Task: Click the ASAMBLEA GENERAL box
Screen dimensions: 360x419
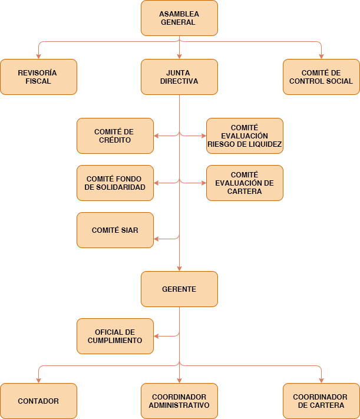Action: click(179, 18)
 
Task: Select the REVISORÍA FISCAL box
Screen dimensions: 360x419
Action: click(38, 77)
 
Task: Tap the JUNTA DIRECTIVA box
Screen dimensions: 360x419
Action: click(179, 77)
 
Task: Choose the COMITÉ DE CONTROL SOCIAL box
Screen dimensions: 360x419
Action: click(321, 77)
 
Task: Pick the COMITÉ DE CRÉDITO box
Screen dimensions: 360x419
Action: click(115, 136)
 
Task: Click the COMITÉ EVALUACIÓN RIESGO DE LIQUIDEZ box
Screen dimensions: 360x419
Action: click(245, 136)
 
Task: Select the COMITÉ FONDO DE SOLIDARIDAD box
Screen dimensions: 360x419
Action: click(115, 183)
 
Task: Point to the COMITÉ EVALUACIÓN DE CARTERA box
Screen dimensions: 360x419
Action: click(245, 183)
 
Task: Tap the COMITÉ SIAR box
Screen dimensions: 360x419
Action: click(115, 230)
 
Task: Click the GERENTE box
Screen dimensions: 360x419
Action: click(179, 289)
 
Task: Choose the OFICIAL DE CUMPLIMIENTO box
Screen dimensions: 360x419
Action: click(115, 336)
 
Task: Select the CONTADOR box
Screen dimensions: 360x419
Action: click(38, 401)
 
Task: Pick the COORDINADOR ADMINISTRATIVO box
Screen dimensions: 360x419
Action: click(179, 401)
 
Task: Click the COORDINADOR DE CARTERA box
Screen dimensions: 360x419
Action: click(321, 401)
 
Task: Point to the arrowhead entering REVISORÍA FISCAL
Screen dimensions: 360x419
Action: click(38, 57)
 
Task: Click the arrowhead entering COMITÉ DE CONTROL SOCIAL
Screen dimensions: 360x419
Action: click(321, 57)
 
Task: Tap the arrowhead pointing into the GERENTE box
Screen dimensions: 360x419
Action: click(179, 269)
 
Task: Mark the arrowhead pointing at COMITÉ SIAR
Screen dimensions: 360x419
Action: click(156, 239)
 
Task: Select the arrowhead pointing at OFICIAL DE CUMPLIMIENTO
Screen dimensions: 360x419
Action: click(156, 336)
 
